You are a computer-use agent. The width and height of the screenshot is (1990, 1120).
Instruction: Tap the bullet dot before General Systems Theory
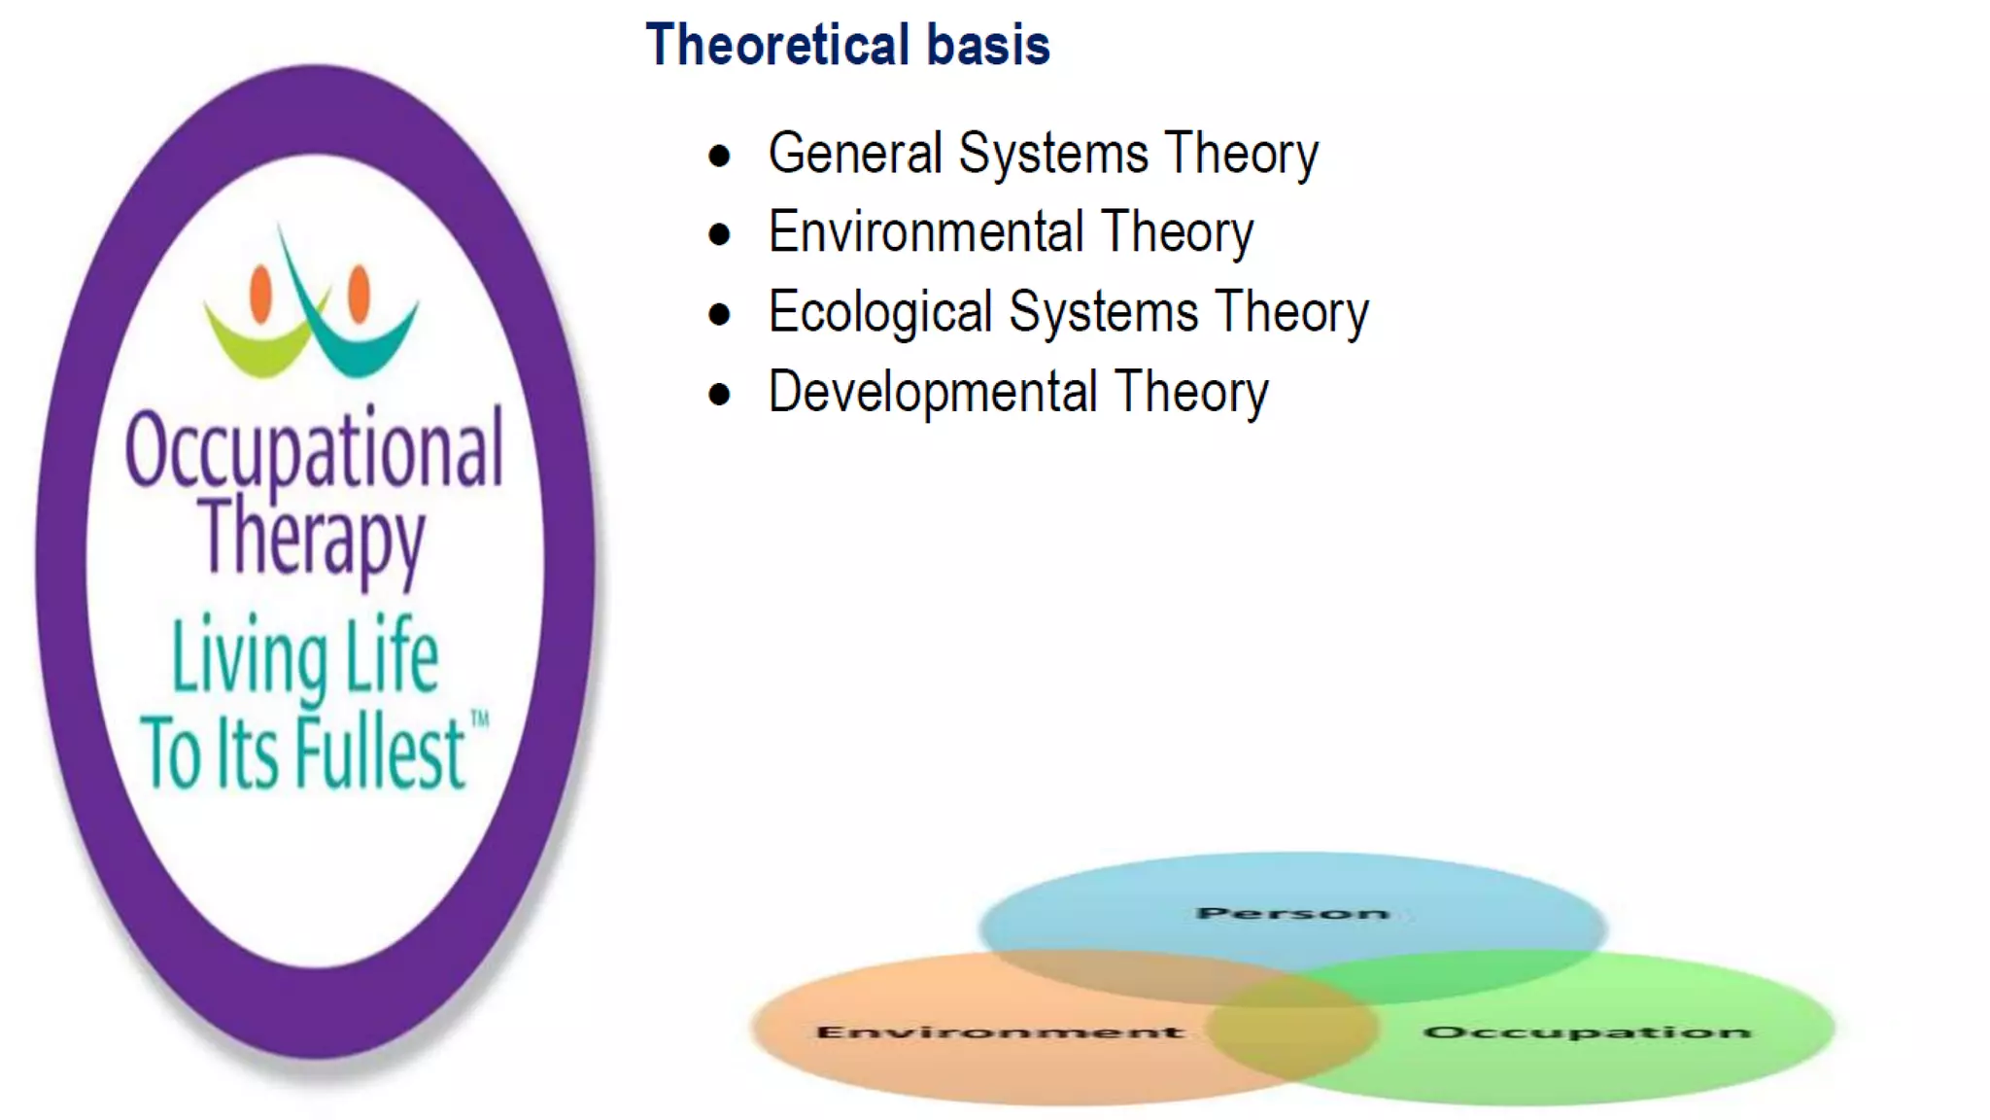pyautogui.click(x=719, y=156)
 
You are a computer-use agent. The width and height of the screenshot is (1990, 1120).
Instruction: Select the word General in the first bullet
pyautogui.click(x=855, y=154)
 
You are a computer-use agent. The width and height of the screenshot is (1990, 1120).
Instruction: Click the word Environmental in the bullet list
pyautogui.click(x=925, y=232)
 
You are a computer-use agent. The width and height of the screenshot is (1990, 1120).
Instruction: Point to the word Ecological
pyautogui.click(x=879, y=313)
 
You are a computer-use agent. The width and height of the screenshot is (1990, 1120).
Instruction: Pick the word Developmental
pyautogui.click(x=932, y=392)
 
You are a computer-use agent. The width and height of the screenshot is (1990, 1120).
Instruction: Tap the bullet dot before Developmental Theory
pyautogui.click(x=719, y=395)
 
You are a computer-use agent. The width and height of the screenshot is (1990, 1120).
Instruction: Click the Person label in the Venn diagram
pyautogui.click(x=1291, y=913)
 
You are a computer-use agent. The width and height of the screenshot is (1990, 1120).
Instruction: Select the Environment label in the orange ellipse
pyautogui.click(x=1000, y=1032)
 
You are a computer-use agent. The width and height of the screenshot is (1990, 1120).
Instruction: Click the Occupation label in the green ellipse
pyautogui.click(x=1587, y=1032)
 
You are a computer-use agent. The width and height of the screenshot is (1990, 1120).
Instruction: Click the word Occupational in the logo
pyautogui.click(x=314, y=450)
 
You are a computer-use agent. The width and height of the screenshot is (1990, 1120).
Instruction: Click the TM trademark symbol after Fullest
pyautogui.click(x=479, y=720)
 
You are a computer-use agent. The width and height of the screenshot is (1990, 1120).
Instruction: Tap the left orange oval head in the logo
pyautogui.click(x=260, y=293)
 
